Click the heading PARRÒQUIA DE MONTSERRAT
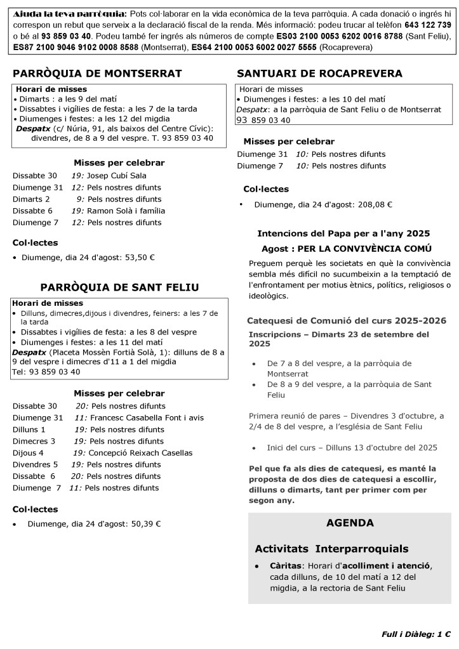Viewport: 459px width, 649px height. tap(97, 74)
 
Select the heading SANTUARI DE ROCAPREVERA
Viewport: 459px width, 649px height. tap(319, 74)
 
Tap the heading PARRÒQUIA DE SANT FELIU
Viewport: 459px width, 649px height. tap(120, 287)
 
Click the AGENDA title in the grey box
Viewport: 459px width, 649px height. tap(350, 523)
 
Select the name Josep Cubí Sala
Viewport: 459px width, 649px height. tap(116, 176)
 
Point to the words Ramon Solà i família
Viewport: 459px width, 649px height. tap(126, 211)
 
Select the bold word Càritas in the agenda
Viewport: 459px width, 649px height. tap(284, 565)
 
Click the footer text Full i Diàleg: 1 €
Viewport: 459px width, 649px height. tap(416, 634)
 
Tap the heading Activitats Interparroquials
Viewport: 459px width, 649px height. tap(331, 549)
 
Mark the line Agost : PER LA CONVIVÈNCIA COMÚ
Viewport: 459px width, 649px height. tap(347, 249)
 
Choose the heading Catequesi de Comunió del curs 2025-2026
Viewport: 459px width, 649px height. tap(346, 321)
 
